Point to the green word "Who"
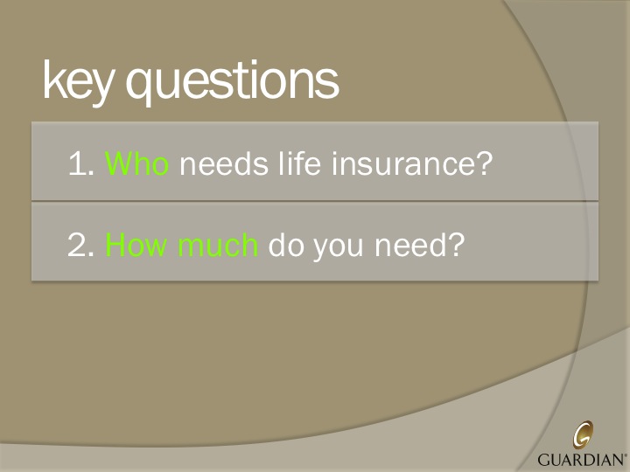pyautogui.click(x=136, y=163)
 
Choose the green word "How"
pyautogui.click(x=136, y=246)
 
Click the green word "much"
pyautogui.click(x=217, y=246)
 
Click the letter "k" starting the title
pyautogui.click(x=52, y=82)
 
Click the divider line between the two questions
pyautogui.click(x=315, y=202)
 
